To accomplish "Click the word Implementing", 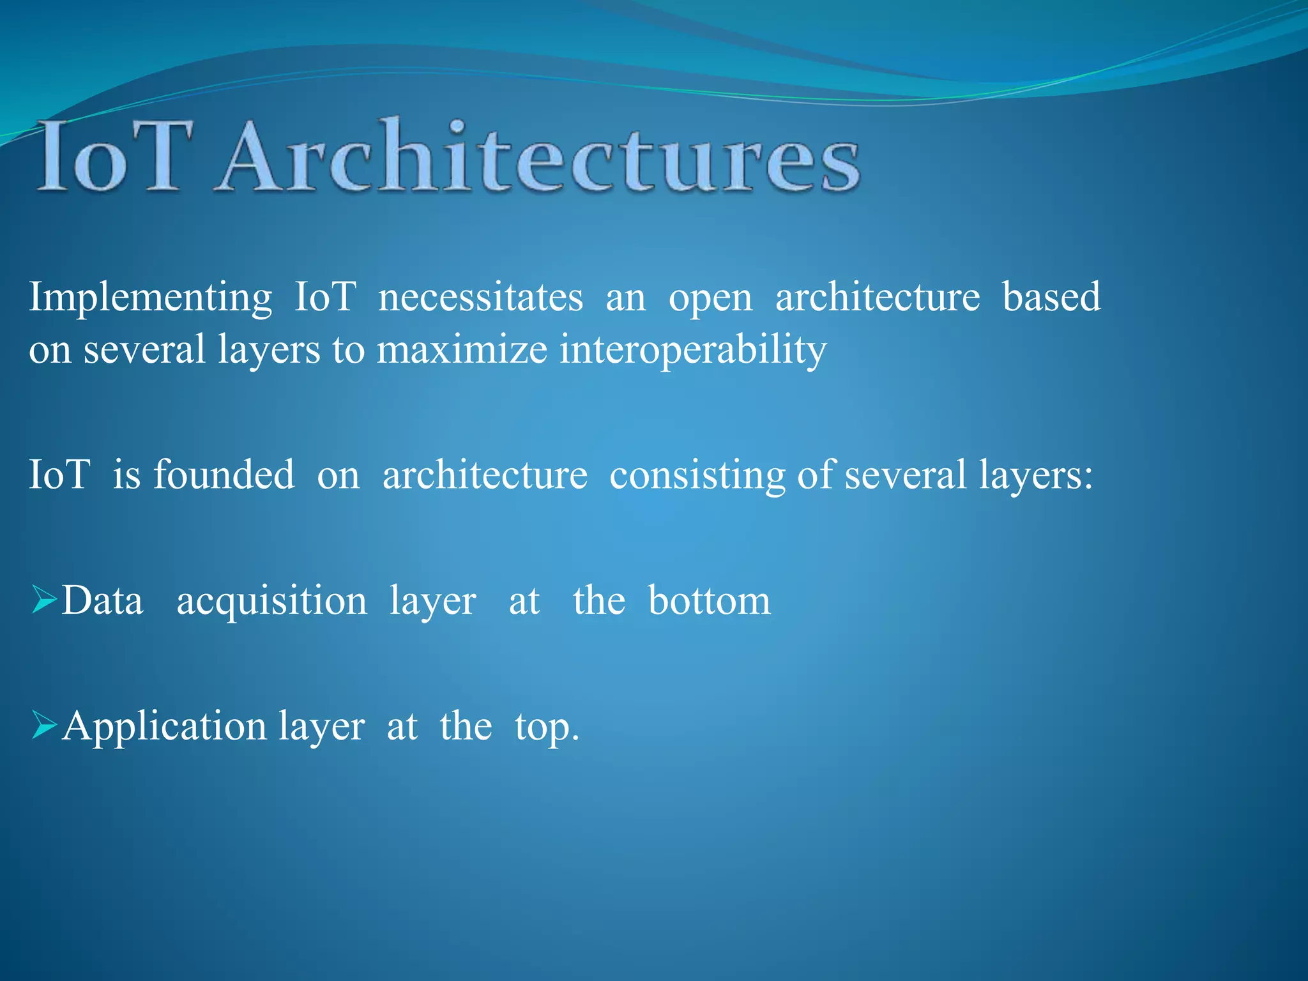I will pos(151,298).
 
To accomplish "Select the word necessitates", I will pos(480,298).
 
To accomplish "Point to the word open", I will pos(710,299).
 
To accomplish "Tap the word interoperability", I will pos(692,350).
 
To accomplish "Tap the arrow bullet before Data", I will pos(44,601).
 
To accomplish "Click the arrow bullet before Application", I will pos(44,726).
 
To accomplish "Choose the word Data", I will pos(102,600).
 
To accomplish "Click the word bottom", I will pos(709,600).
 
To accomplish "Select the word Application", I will pos(164,727).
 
